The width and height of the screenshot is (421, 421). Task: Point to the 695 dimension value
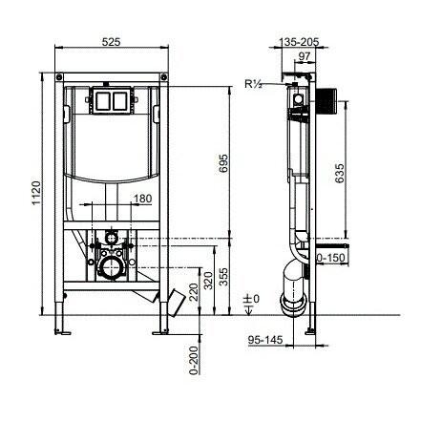point(221,164)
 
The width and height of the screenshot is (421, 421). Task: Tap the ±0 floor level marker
point(251,302)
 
